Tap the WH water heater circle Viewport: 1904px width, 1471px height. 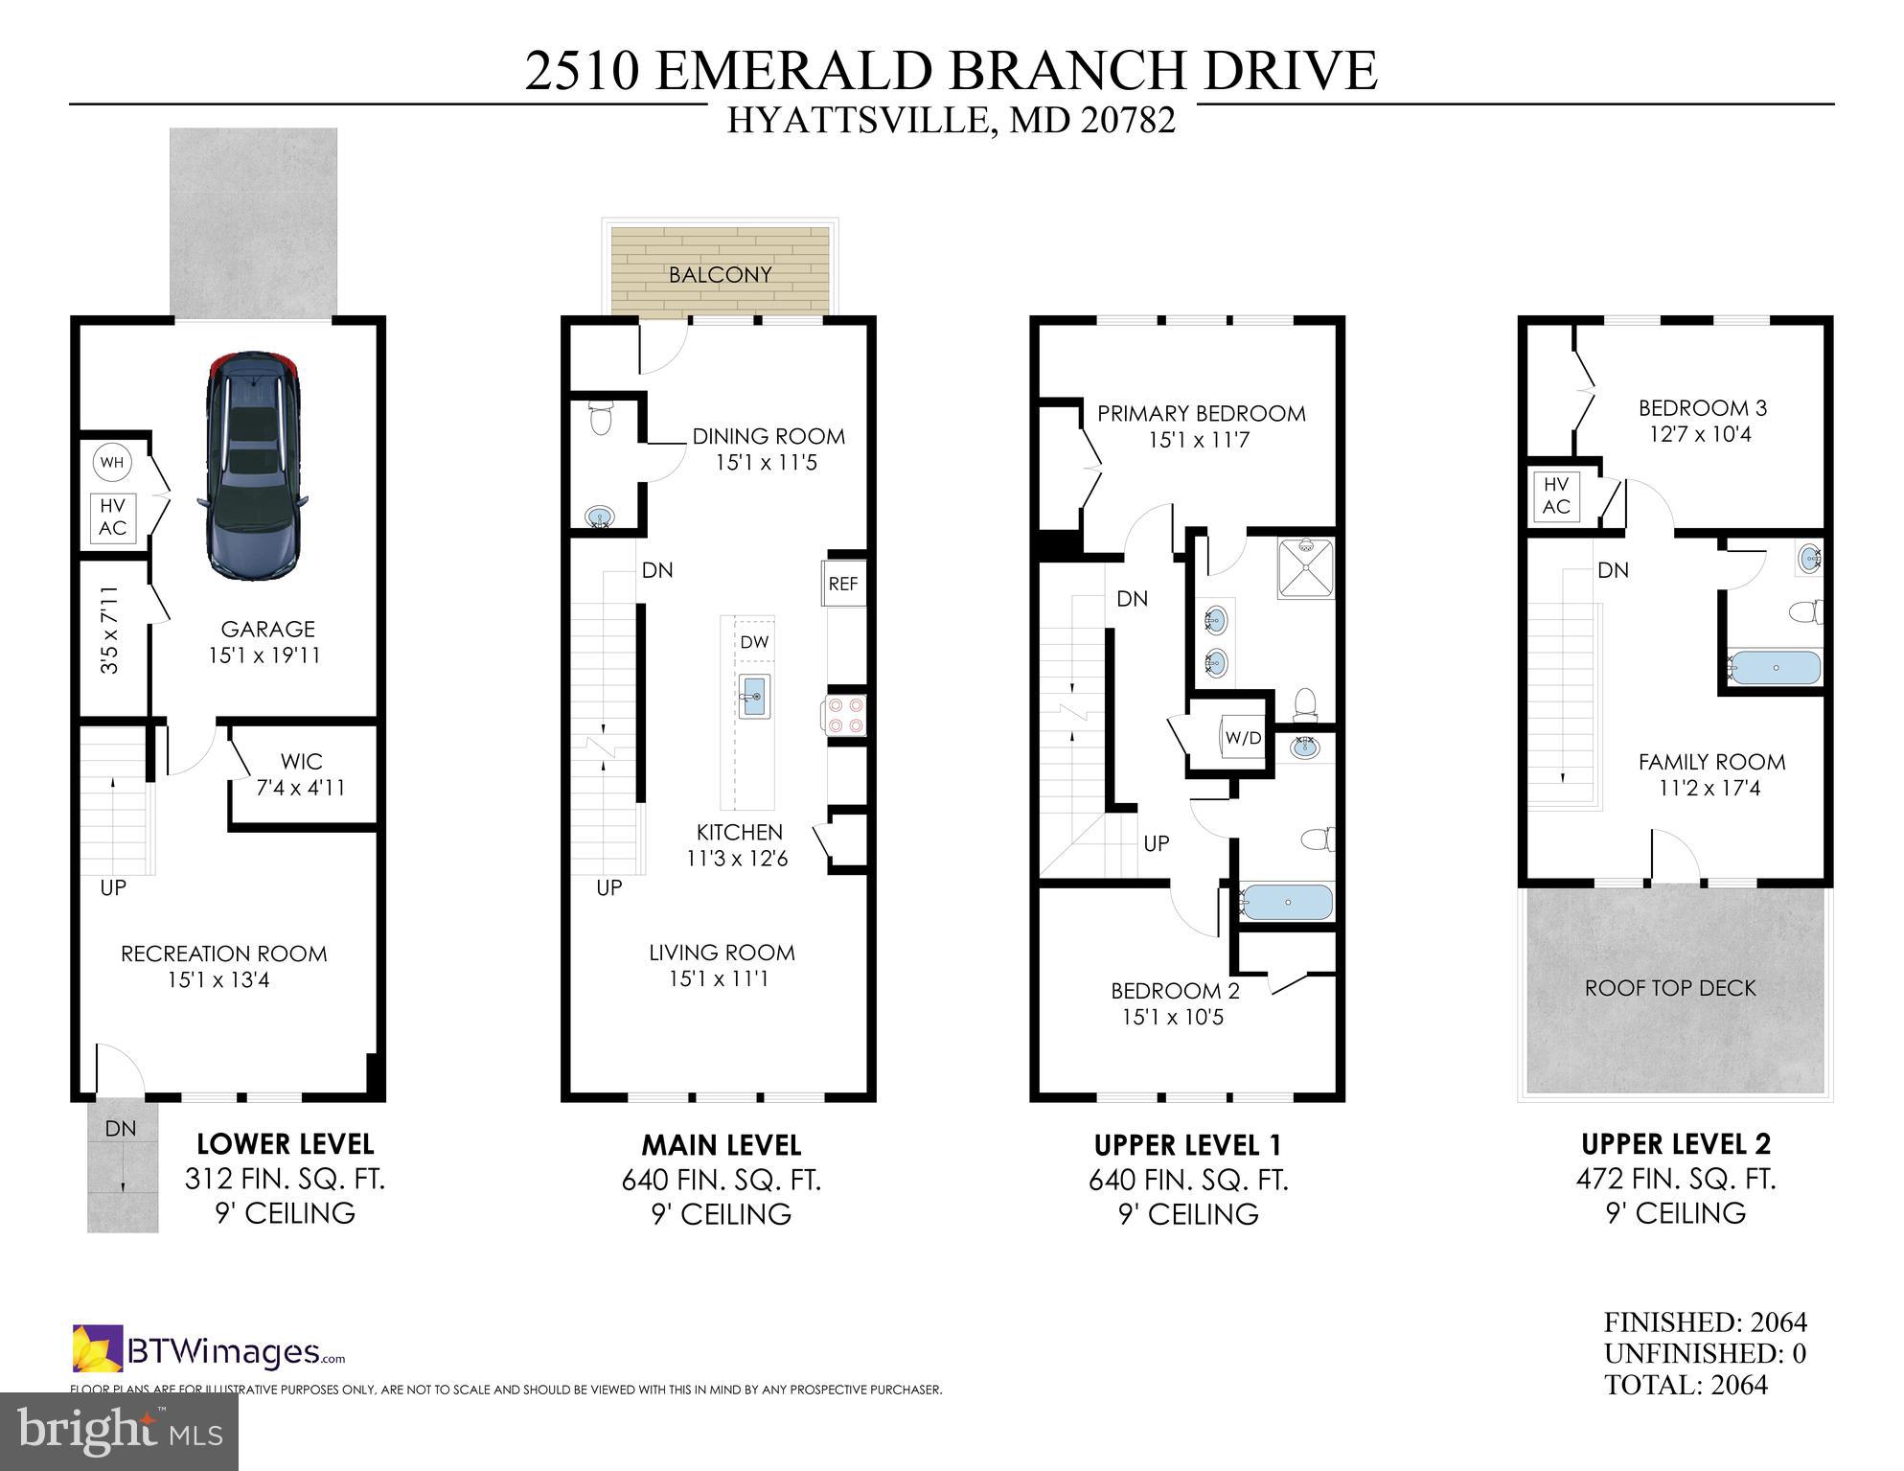point(112,463)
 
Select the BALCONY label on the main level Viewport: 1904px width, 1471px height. point(720,275)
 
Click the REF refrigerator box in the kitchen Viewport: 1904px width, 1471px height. point(843,584)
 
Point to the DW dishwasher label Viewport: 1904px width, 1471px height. point(754,642)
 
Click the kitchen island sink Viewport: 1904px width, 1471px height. point(754,697)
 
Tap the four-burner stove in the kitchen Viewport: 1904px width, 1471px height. point(846,715)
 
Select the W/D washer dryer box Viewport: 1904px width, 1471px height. point(1243,738)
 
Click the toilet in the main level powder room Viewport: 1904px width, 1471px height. point(601,419)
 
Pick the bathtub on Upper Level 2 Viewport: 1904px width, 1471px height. point(1774,667)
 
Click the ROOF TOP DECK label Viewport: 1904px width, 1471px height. point(1670,988)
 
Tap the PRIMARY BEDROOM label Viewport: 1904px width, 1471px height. point(1201,414)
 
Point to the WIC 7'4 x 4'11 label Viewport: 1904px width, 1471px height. point(301,774)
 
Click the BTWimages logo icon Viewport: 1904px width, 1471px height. point(98,1347)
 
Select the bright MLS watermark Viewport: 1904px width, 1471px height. point(120,1432)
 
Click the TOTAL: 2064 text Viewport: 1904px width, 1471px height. point(1686,1385)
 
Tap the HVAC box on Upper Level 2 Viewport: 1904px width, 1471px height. point(1556,496)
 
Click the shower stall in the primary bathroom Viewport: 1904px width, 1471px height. point(1304,569)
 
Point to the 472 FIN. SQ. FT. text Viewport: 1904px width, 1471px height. point(1675,1179)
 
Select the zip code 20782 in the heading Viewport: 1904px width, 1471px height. point(1129,121)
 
